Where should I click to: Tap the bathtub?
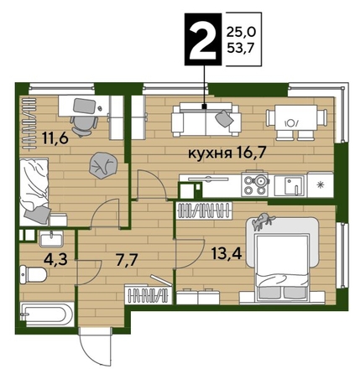45,318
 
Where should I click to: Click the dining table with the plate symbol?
290,118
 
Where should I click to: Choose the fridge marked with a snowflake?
321,182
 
